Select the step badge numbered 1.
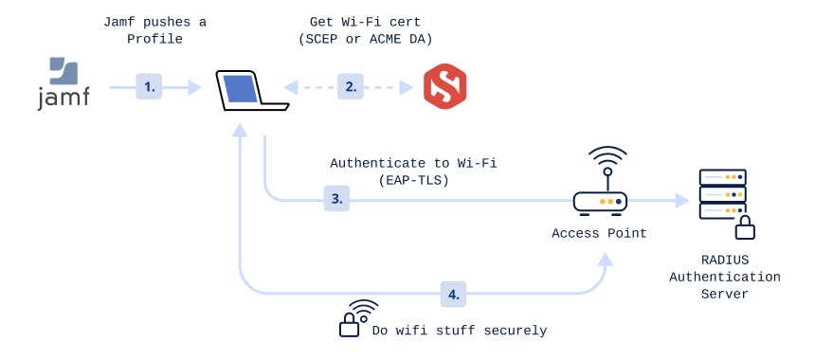pos(149,87)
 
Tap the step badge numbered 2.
pos(351,87)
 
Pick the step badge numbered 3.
pos(336,200)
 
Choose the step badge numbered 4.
pos(454,294)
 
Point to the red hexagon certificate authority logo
pos(444,86)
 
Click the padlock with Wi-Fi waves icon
pos(353,319)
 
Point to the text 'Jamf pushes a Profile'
pos(156,29)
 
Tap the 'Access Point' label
pos(599,233)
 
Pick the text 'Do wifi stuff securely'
pos(460,331)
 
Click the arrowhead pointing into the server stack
pos(681,201)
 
